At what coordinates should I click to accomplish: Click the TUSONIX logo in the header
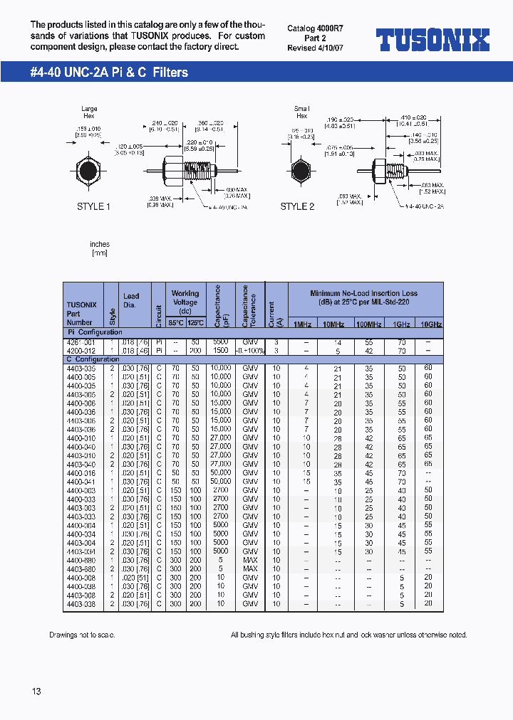[x=432, y=39]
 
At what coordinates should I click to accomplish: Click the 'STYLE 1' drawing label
[x=94, y=206]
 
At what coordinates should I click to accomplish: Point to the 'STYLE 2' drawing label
[x=297, y=206]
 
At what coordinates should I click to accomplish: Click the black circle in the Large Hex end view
[x=88, y=172]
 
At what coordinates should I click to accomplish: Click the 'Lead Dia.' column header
[x=131, y=300]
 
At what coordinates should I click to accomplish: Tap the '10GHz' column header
[x=428, y=324]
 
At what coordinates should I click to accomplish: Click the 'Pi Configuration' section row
[x=94, y=332]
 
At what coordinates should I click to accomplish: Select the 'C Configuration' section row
[x=93, y=359]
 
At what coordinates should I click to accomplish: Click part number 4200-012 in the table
[x=81, y=351]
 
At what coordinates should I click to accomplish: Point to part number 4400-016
[x=81, y=473]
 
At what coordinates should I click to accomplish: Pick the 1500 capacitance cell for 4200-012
[x=221, y=351]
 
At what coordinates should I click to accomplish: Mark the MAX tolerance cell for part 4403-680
[x=250, y=569]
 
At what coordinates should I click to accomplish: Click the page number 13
[x=36, y=692]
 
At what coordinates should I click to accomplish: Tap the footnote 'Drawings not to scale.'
[x=82, y=635]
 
